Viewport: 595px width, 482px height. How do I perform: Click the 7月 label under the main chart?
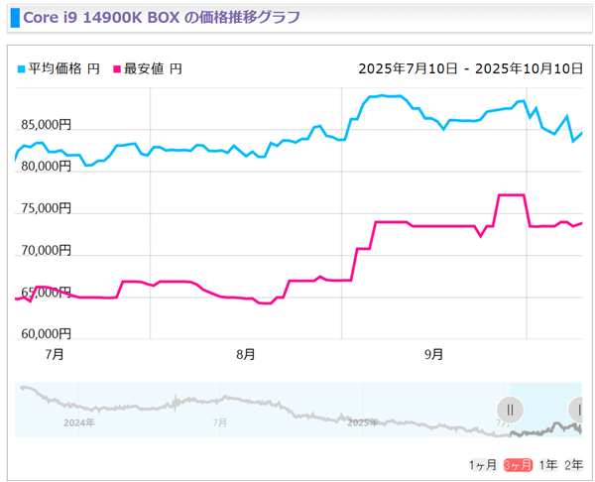pyautogui.click(x=55, y=354)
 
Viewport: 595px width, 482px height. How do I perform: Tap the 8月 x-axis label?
pyautogui.click(x=246, y=354)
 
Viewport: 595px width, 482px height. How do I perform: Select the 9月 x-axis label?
pyautogui.click(x=433, y=354)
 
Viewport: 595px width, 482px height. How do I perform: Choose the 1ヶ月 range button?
pyautogui.click(x=482, y=465)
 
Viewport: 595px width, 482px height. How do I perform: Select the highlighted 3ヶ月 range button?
pyautogui.click(x=518, y=465)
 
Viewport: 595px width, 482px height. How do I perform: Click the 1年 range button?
pyautogui.click(x=547, y=465)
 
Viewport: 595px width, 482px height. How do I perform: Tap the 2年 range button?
pyautogui.click(x=573, y=465)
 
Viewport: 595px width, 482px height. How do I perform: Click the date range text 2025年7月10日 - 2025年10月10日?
pyautogui.click(x=470, y=69)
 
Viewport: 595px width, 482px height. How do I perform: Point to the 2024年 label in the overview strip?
pyautogui.click(x=78, y=422)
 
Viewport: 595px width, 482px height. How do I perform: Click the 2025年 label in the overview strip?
pyautogui.click(x=362, y=422)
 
